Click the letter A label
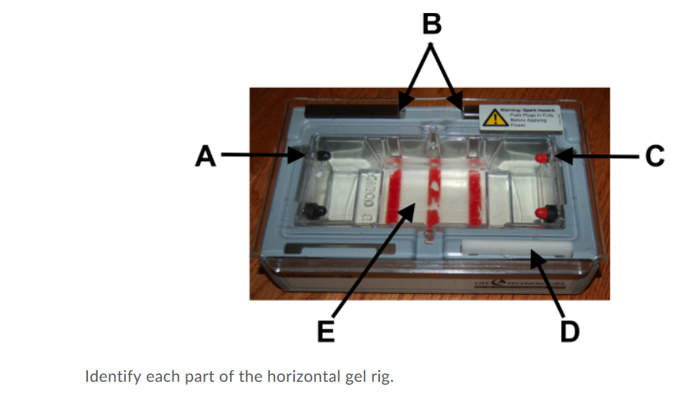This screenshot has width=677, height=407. click(205, 156)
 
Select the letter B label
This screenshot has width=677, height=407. click(432, 24)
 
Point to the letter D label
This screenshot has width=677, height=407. click(570, 331)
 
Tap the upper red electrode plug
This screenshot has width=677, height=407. click(542, 157)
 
